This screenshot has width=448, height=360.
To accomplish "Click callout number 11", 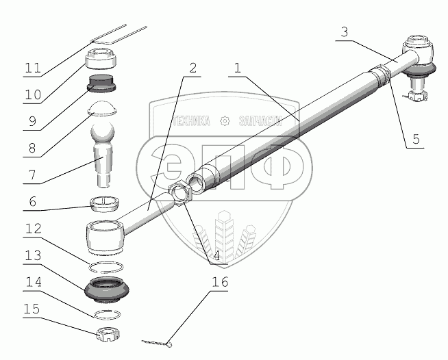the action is coord(31,68).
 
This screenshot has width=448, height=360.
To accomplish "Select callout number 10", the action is coord(31,97).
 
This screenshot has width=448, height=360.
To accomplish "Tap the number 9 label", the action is coord(32,124).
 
